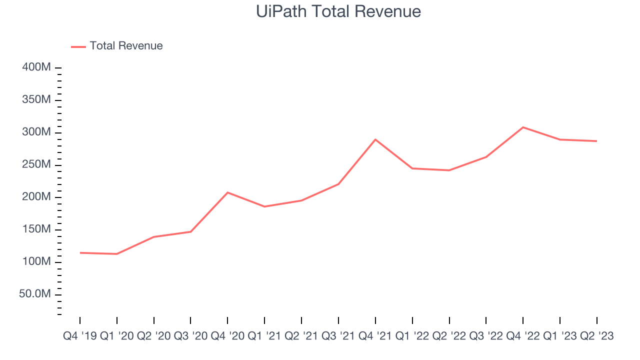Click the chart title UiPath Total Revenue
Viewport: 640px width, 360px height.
[338, 11]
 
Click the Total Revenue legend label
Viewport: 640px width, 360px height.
[126, 46]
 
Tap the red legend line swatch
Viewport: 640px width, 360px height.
[78, 46]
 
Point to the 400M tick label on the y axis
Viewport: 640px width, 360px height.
[36, 67]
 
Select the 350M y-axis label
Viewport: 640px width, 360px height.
[36, 100]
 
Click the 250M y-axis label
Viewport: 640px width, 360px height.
[36, 165]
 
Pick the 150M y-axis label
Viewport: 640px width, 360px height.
[36, 229]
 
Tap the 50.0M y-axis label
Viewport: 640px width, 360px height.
[35, 294]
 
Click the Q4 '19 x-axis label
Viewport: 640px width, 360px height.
[80, 336]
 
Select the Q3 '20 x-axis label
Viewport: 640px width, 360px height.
[190, 336]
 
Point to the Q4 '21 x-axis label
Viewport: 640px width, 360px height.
[375, 336]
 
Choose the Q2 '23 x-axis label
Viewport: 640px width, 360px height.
[596, 336]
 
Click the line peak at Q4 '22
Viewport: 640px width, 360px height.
[523, 127]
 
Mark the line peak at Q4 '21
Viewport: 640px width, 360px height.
[375, 139]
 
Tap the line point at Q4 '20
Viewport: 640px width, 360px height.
[227, 192]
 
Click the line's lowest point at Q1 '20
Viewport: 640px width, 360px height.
[116, 254]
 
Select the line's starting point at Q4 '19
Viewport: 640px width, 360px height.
[80, 252]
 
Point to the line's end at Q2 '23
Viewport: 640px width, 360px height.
[596, 141]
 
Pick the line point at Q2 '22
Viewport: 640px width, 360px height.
[449, 170]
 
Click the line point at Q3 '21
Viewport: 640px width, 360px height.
[338, 184]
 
